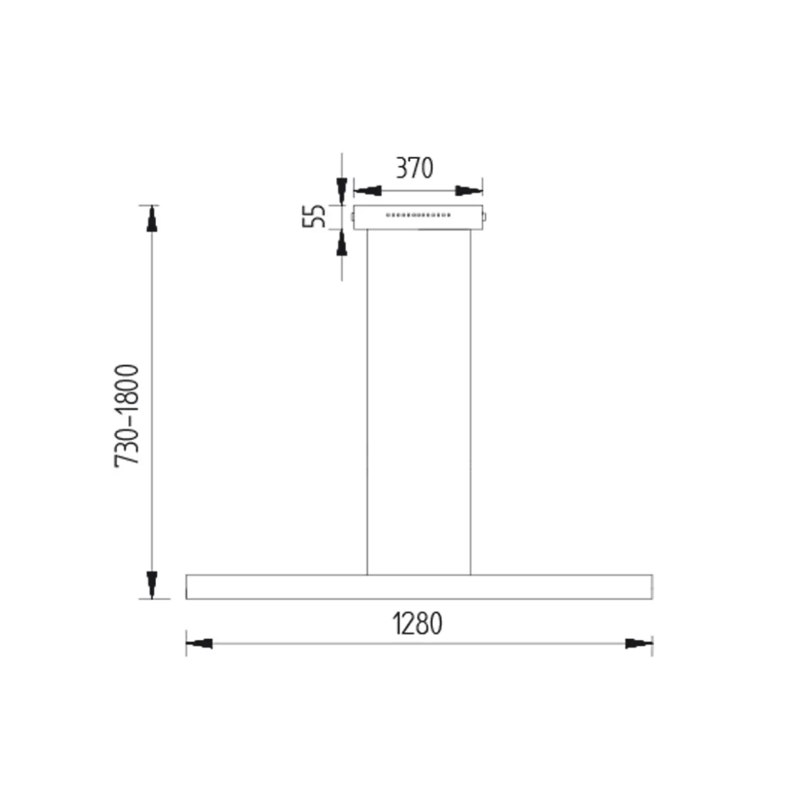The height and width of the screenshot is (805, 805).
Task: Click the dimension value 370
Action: [x=414, y=168]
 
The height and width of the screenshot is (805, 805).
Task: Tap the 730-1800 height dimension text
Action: [x=128, y=415]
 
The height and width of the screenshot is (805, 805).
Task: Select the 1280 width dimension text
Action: [x=418, y=623]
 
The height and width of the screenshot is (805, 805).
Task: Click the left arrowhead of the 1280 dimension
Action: [x=200, y=644]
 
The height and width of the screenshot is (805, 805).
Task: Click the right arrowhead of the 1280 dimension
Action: [x=638, y=644]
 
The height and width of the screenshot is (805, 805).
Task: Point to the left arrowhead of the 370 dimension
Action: [x=368, y=190]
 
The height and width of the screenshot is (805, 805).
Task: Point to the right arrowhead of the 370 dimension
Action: [x=468, y=190]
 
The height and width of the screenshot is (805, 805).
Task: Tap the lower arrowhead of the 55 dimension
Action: [x=341, y=243]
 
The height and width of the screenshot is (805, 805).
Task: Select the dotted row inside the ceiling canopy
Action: [x=418, y=215]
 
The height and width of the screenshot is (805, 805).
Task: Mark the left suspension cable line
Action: [x=367, y=402]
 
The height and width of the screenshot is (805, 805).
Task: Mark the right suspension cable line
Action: [x=471, y=402]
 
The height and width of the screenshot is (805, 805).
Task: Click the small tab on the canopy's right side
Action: [x=486, y=218]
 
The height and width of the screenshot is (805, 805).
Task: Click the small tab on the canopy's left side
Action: [x=353, y=218]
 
